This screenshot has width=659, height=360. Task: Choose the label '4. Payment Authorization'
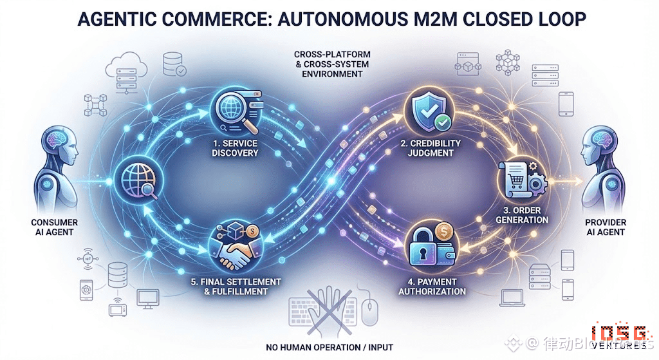click(x=432, y=287)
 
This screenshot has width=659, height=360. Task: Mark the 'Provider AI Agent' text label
click(x=606, y=227)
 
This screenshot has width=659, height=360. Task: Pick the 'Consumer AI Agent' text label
click(x=54, y=227)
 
